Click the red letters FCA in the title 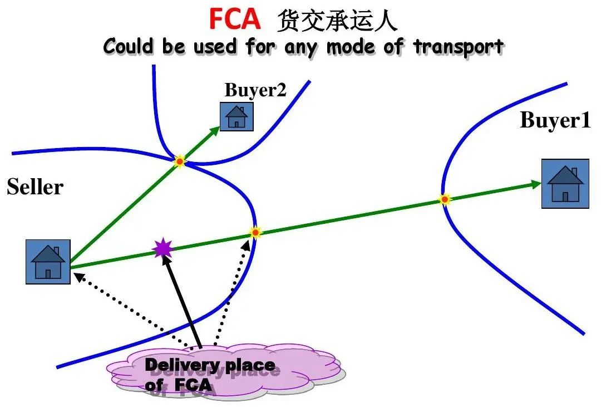tap(234, 19)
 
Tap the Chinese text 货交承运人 tap(337, 21)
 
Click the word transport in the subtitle tap(459, 47)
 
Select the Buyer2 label tap(255, 90)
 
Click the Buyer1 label tap(555, 120)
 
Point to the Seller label tap(35, 188)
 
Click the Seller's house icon tap(48, 262)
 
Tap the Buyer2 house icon tap(237, 116)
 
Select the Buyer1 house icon tap(565, 184)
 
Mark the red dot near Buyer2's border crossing tap(180, 161)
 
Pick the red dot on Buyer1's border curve tap(445, 199)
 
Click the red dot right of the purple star tap(255, 232)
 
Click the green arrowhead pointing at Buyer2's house tap(215, 130)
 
